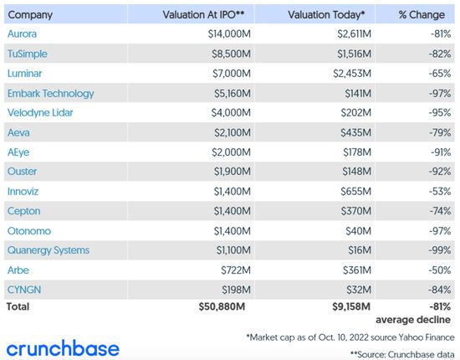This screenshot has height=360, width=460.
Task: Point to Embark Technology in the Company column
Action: pyautogui.click(x=50, y=94)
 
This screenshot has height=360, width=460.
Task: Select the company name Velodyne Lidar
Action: pyautogui.click(x=43, y=111)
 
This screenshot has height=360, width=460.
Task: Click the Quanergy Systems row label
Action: pyautogui.click(x=48, y=249)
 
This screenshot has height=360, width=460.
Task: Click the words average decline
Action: pyautogui.click(x=414, y=320)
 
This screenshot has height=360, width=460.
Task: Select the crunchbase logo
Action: pyautogui.click(x=63, y=347)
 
